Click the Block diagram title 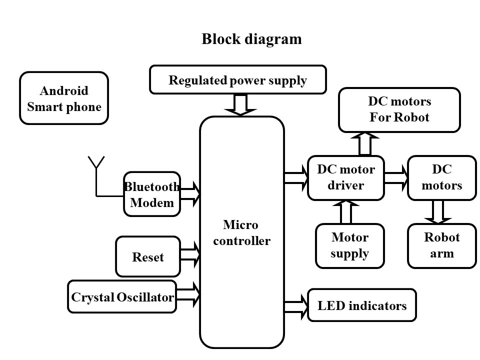coord(251,39)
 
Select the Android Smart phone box coord(64,98)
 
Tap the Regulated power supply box coord(237,80)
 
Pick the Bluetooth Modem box coord(151,194)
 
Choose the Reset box coord(148,256)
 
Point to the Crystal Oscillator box coord(122,297)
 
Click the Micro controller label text coord(241,233)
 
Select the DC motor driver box coord(345,177)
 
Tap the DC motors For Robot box coord(399,110)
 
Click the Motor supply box coord(349,245)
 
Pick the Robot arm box coord(442,245)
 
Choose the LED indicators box coord(361,305)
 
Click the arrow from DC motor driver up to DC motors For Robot coord(365,143)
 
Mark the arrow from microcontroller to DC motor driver coord(296,178)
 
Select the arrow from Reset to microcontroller coord(190,253)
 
